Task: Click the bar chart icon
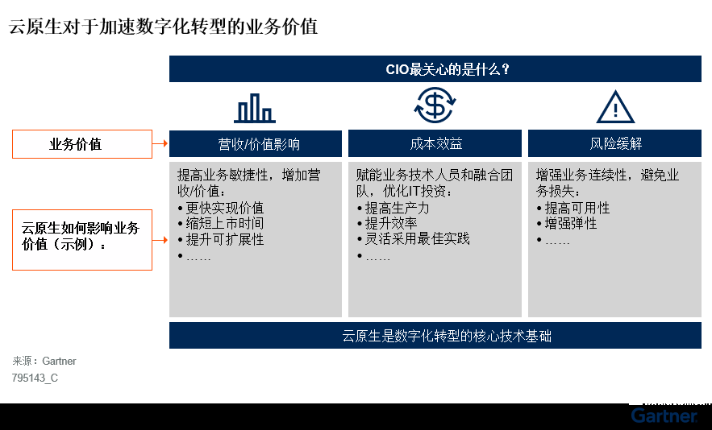pyautogui.click(x=255, y=108)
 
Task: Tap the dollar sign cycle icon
pyautogui.click(x=435, y=105)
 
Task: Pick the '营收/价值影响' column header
pyautogui.click(x=256, y=144)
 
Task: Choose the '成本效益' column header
pyautogui.click(x=435, y=144)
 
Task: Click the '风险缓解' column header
pyautogui.click(x=614, y=144)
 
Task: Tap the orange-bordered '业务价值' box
pyautogui.click(x=82, y=144)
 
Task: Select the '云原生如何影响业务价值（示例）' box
pyautogui.click(x=82, y=240)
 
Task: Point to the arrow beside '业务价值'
pyautogui.click(x=160, y=144)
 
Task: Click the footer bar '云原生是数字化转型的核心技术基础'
pyautogui.click(x=435, y=336)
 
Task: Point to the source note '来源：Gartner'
pyautogui.click(x=44, y=361)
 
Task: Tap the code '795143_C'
pyautogui.click(x=35, y=378)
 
